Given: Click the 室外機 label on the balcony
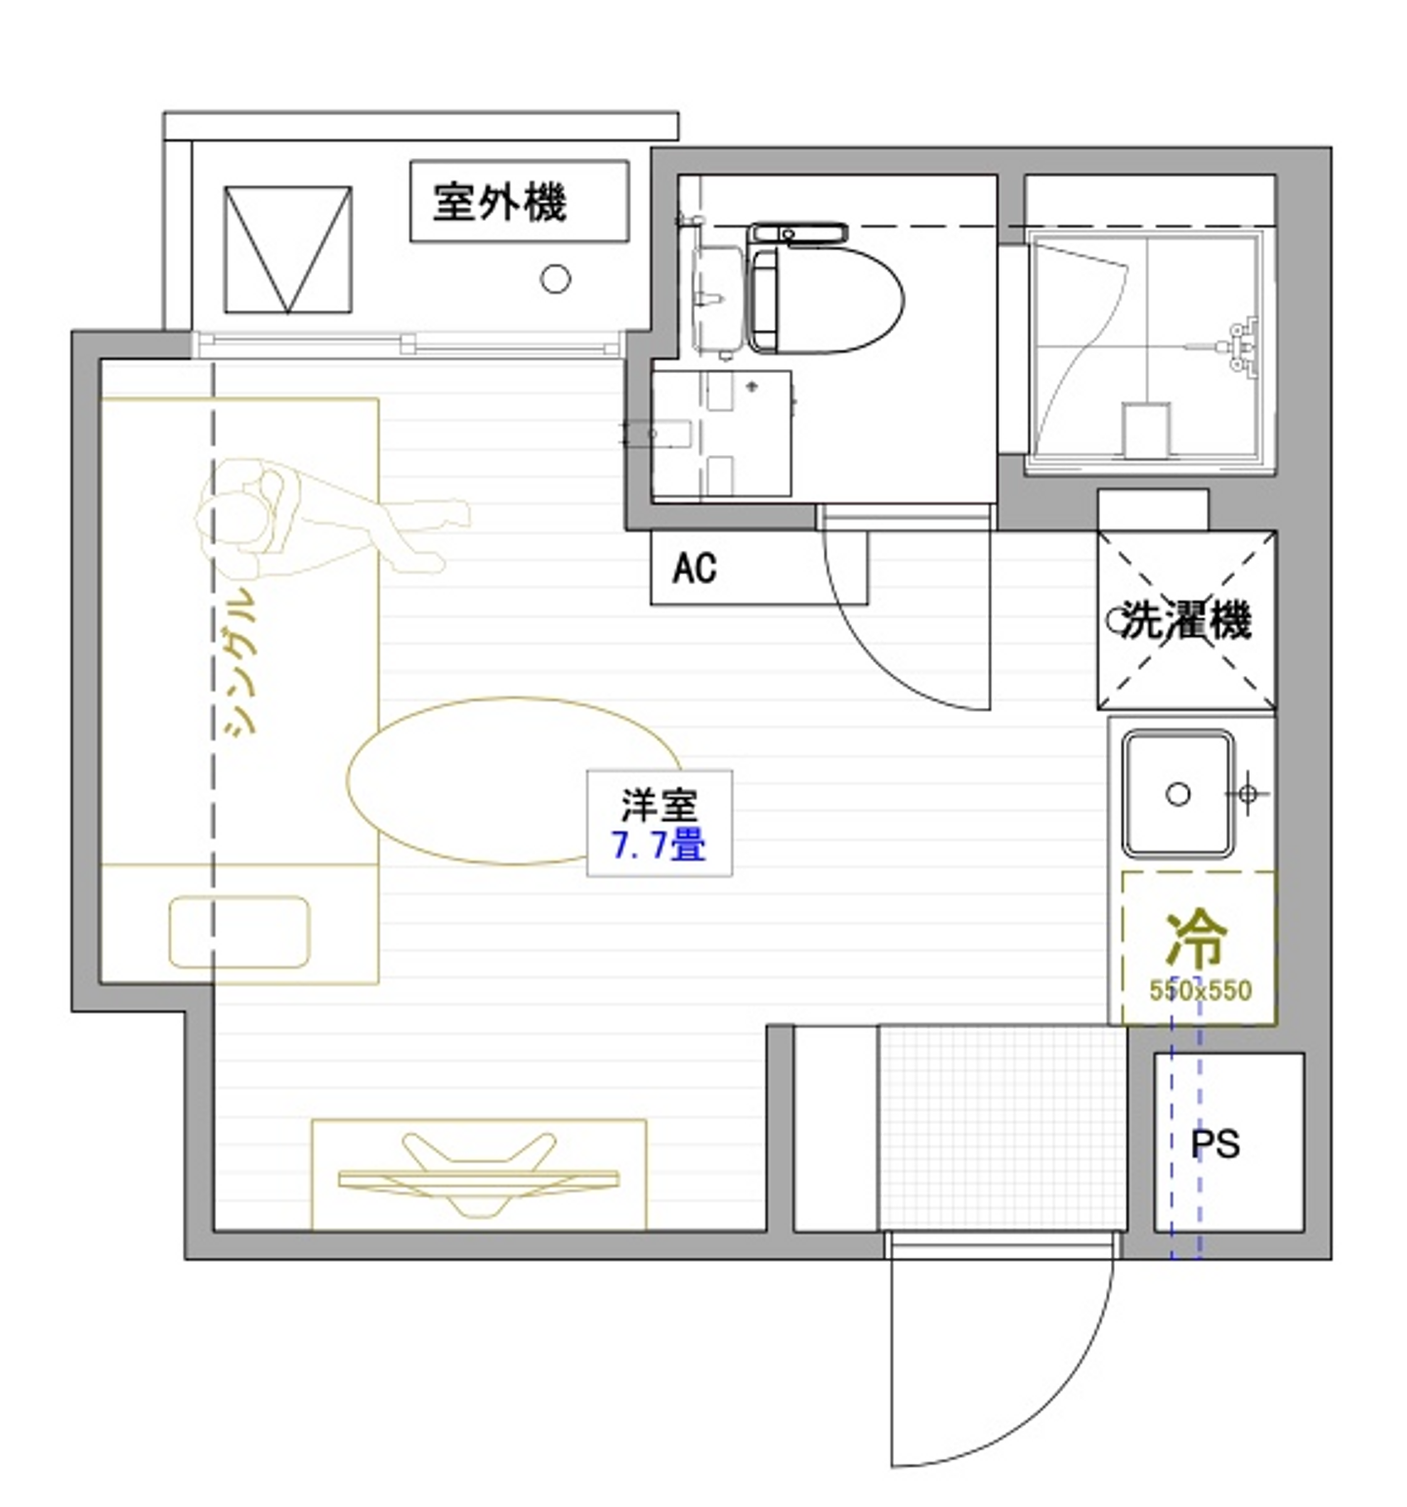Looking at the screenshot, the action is point(499,202).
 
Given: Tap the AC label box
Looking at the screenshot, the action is point(694,567).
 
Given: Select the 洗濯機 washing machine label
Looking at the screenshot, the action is point(1186,619).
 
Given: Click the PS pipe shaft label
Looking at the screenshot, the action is point(1215,1143).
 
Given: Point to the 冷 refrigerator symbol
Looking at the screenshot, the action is point(1196,939).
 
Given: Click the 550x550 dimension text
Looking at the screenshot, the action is point(1200,990).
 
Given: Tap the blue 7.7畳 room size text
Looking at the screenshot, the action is point(659,845).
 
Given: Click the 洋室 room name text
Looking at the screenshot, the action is point(660,806).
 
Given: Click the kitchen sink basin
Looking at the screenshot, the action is point(1177,794).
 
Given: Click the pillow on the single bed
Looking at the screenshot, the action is point(239,932).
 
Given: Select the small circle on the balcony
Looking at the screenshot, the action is point(555,279).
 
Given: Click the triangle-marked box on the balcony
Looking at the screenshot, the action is point(288,250).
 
